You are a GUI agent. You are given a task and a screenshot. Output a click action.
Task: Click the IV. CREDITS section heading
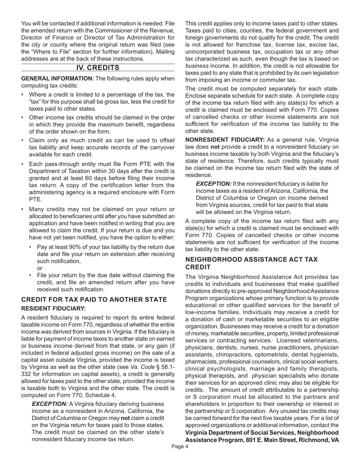(x=98, y=68)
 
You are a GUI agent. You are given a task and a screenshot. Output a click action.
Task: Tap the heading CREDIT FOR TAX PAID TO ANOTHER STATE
(x=94, y=300)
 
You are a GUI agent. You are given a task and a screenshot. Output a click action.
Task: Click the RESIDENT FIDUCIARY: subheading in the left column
(x=53, y=309)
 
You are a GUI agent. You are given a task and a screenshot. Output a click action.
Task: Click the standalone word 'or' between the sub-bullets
(x=40, y=268)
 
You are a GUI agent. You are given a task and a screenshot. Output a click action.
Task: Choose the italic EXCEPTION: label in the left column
(x=50, y=404)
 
